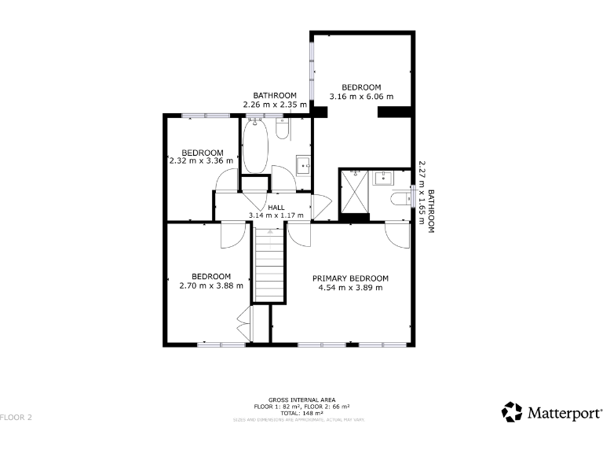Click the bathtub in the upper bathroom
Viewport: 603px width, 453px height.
pos(256,147)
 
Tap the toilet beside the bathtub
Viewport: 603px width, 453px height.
pos(284,128)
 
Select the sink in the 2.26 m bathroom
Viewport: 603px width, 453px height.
pos(303,165)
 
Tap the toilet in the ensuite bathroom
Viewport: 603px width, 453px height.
pos(401,197)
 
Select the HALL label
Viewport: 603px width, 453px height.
pos(276,208)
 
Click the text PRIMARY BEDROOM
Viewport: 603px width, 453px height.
pos(350,278)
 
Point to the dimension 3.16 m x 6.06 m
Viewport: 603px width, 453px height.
pos(360,98)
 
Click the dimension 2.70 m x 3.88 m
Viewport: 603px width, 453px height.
pos(211,285)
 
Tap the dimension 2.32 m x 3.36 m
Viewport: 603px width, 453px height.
pos(202,162)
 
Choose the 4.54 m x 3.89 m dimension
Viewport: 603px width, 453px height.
pos(350,288)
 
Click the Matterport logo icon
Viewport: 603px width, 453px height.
pos(512,411)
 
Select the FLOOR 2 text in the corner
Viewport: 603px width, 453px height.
pos(16,417)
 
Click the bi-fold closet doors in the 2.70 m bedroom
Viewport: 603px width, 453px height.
pos(244,325)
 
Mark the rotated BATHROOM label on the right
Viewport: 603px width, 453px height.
pos(430,211)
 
